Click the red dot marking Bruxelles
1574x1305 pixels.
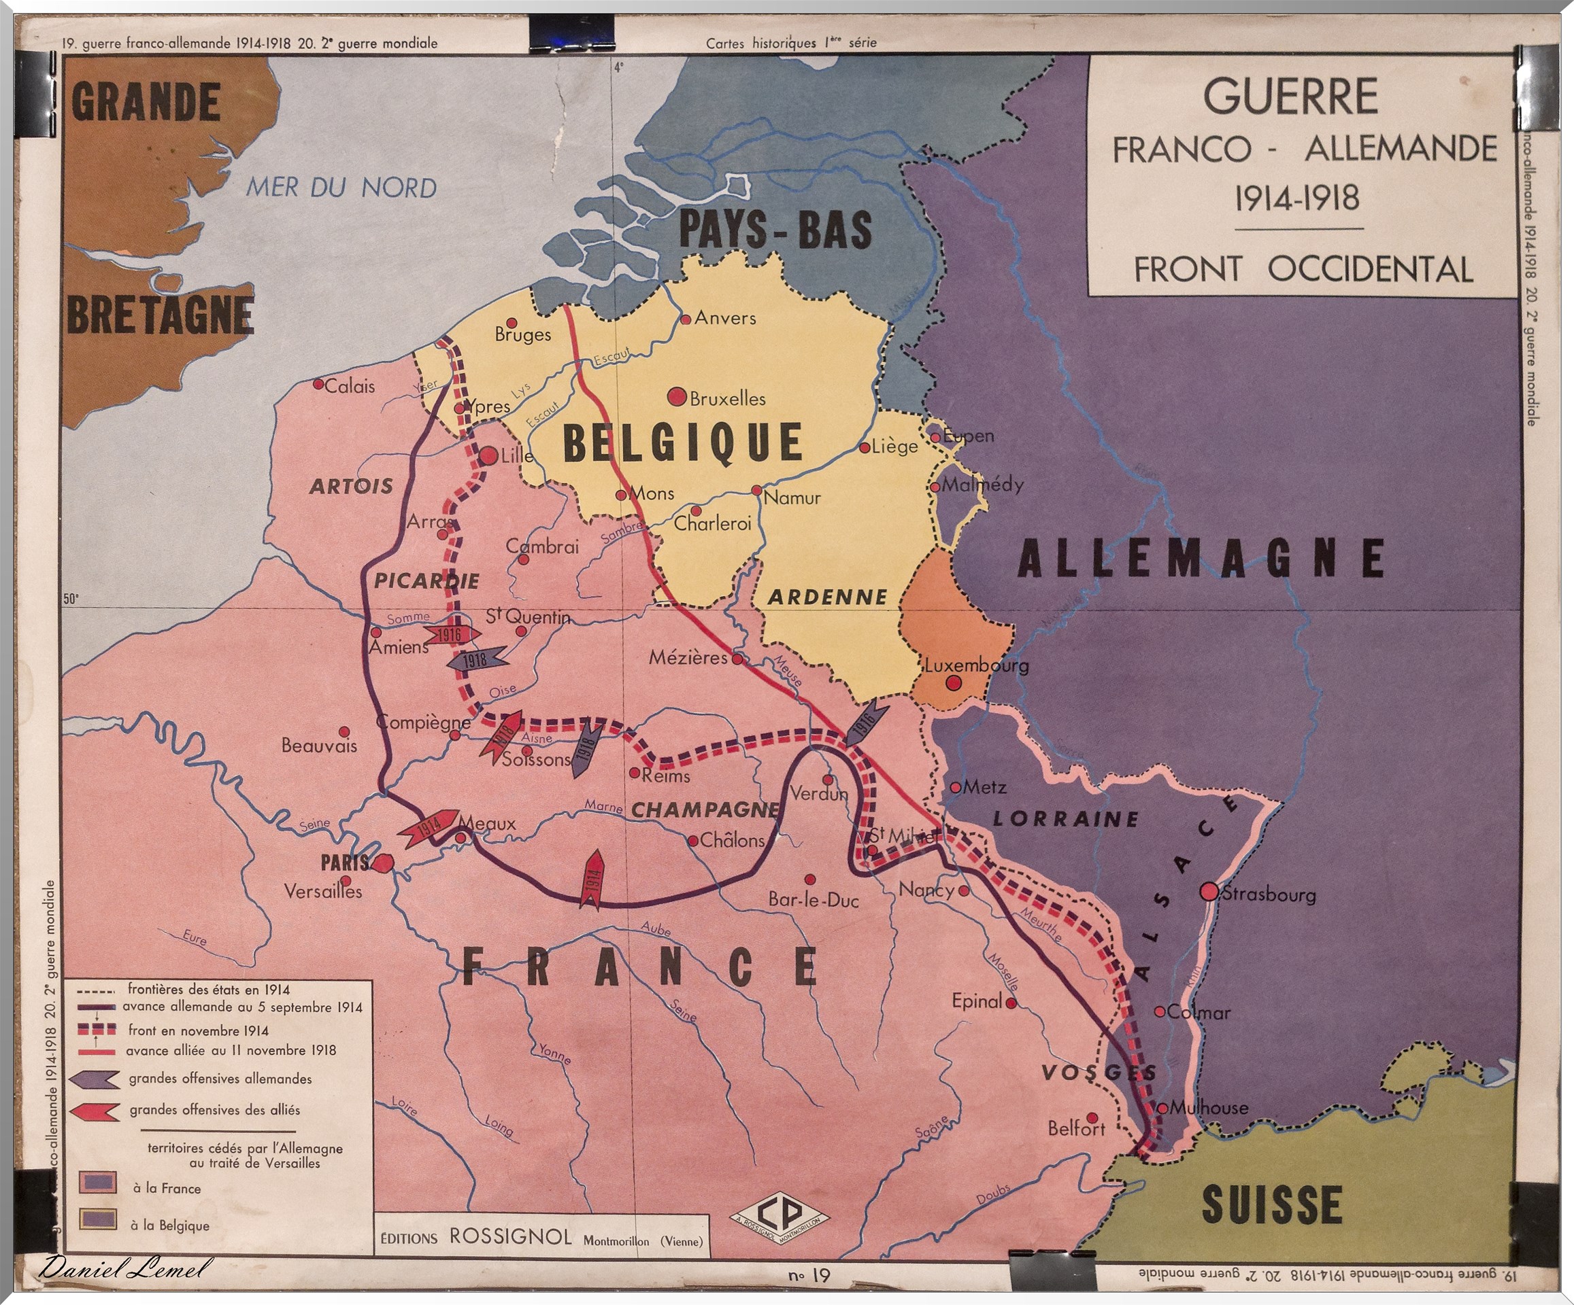click(677, 396)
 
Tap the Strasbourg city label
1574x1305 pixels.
click(1269, 894)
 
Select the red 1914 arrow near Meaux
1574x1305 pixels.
click(428, 827)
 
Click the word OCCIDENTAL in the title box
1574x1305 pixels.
click(1370, 270)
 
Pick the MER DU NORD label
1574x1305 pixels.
click(341, 188)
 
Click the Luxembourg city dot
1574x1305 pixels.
click(954, 682)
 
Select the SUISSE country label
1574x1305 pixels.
click(1271, 1205)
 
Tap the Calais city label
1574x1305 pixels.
click(349, 387)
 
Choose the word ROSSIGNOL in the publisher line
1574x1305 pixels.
click(510, 1237)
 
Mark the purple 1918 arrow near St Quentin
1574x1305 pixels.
click(475, 660)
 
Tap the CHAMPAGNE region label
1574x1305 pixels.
click(705, 810)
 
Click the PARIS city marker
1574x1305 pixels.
click(383, 863)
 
